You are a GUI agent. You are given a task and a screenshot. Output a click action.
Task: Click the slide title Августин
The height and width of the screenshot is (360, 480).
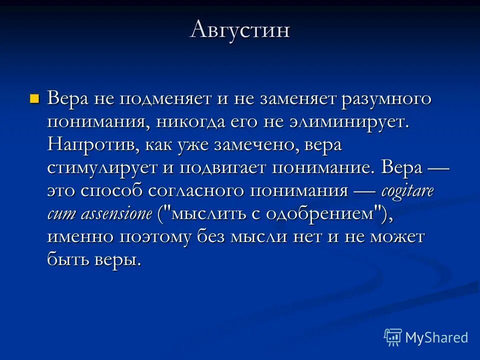point(240,29)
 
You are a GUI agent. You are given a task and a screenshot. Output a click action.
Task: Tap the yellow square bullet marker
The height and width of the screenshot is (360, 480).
point(34,97)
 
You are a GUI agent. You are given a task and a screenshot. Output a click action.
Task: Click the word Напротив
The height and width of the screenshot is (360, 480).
point(93,145)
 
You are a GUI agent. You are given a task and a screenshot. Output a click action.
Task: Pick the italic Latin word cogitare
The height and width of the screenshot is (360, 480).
point(408,191)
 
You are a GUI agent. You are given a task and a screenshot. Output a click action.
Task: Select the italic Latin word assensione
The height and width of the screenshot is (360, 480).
point(121,214)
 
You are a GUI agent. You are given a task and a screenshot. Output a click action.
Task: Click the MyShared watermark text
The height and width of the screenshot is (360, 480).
point(436,337)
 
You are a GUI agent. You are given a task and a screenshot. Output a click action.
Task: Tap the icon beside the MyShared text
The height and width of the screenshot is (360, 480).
point(393,337)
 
